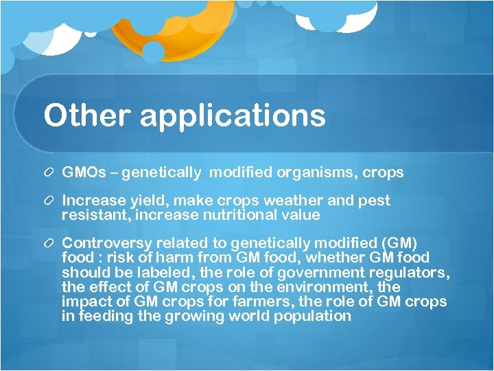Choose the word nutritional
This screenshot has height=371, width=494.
228,215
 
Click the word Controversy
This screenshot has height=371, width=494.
106,243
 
